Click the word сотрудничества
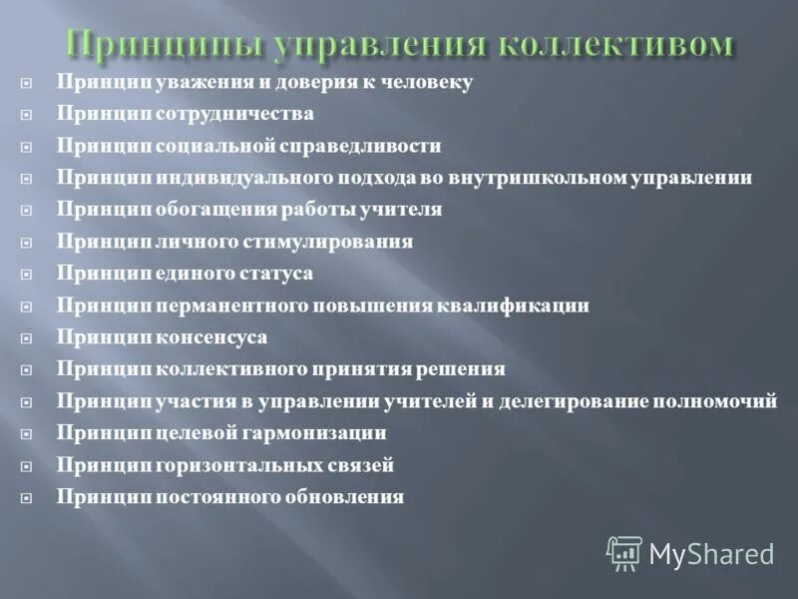234,114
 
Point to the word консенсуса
211,337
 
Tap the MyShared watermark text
712,554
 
